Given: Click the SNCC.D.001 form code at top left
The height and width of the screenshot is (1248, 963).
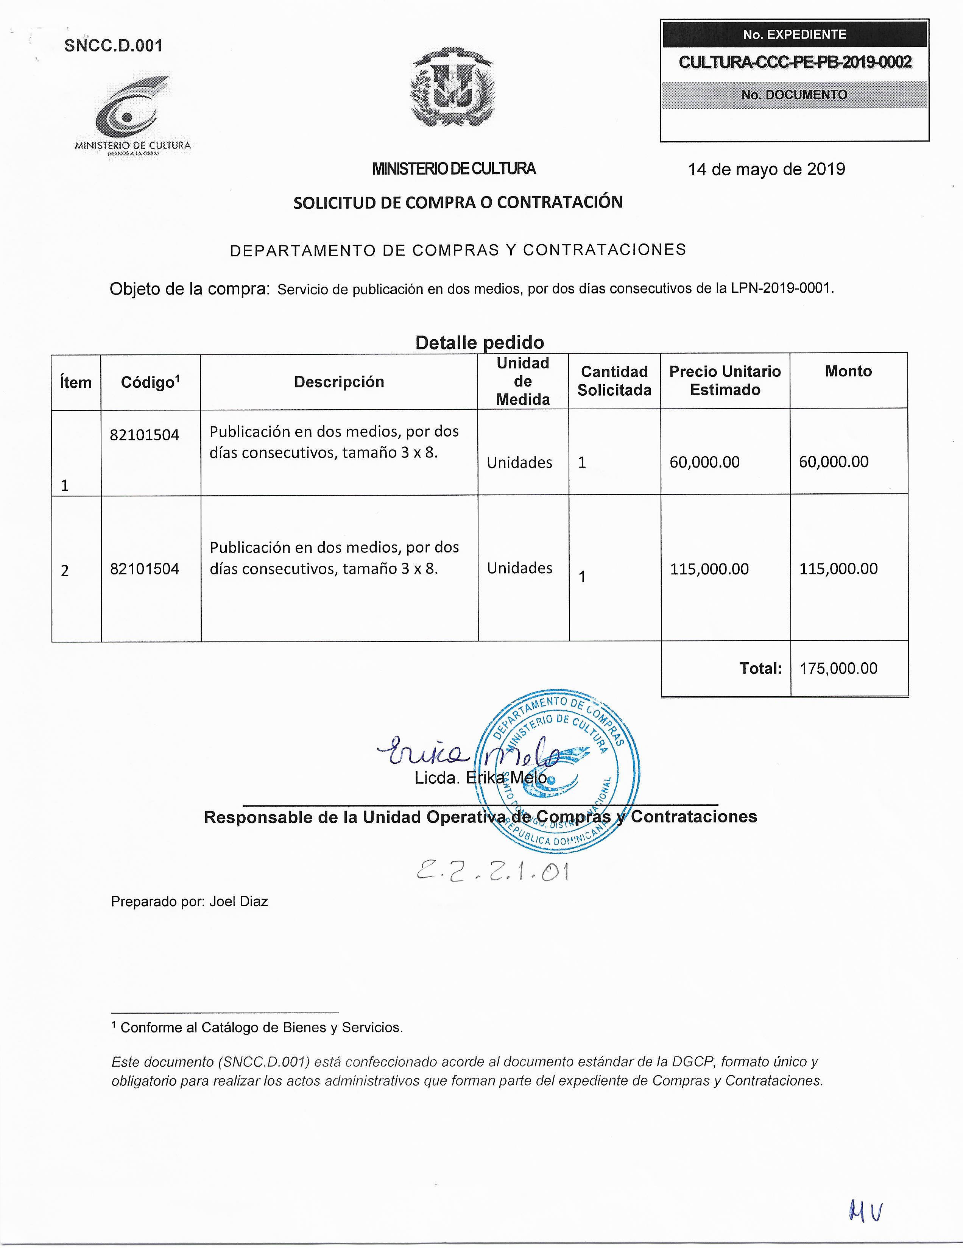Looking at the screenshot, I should [x=113, y=46].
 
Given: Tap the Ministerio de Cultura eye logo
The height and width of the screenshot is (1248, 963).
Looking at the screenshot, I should [x=131, y=111].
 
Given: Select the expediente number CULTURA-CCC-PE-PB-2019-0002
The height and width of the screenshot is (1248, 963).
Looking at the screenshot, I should [x=795, y=62].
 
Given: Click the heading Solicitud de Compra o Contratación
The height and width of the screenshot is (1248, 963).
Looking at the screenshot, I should [x=458, y=202].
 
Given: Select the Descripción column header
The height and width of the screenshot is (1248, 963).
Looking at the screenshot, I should [x=339, y=382].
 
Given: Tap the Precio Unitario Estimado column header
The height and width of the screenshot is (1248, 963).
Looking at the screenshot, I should [x=725, y=381].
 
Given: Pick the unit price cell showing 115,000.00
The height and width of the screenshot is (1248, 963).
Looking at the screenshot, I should [x=709, y=569].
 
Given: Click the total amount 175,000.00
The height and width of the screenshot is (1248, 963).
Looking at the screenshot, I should [x=838, y=668].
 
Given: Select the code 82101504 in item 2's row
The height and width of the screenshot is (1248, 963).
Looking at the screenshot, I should [x=145, y=569].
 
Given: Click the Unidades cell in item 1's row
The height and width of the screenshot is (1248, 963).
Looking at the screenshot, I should [x=519, y=462].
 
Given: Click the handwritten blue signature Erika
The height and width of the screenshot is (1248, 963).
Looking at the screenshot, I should [x=423, y=754].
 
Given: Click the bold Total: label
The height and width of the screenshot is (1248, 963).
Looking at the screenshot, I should [x=760, y=668].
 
